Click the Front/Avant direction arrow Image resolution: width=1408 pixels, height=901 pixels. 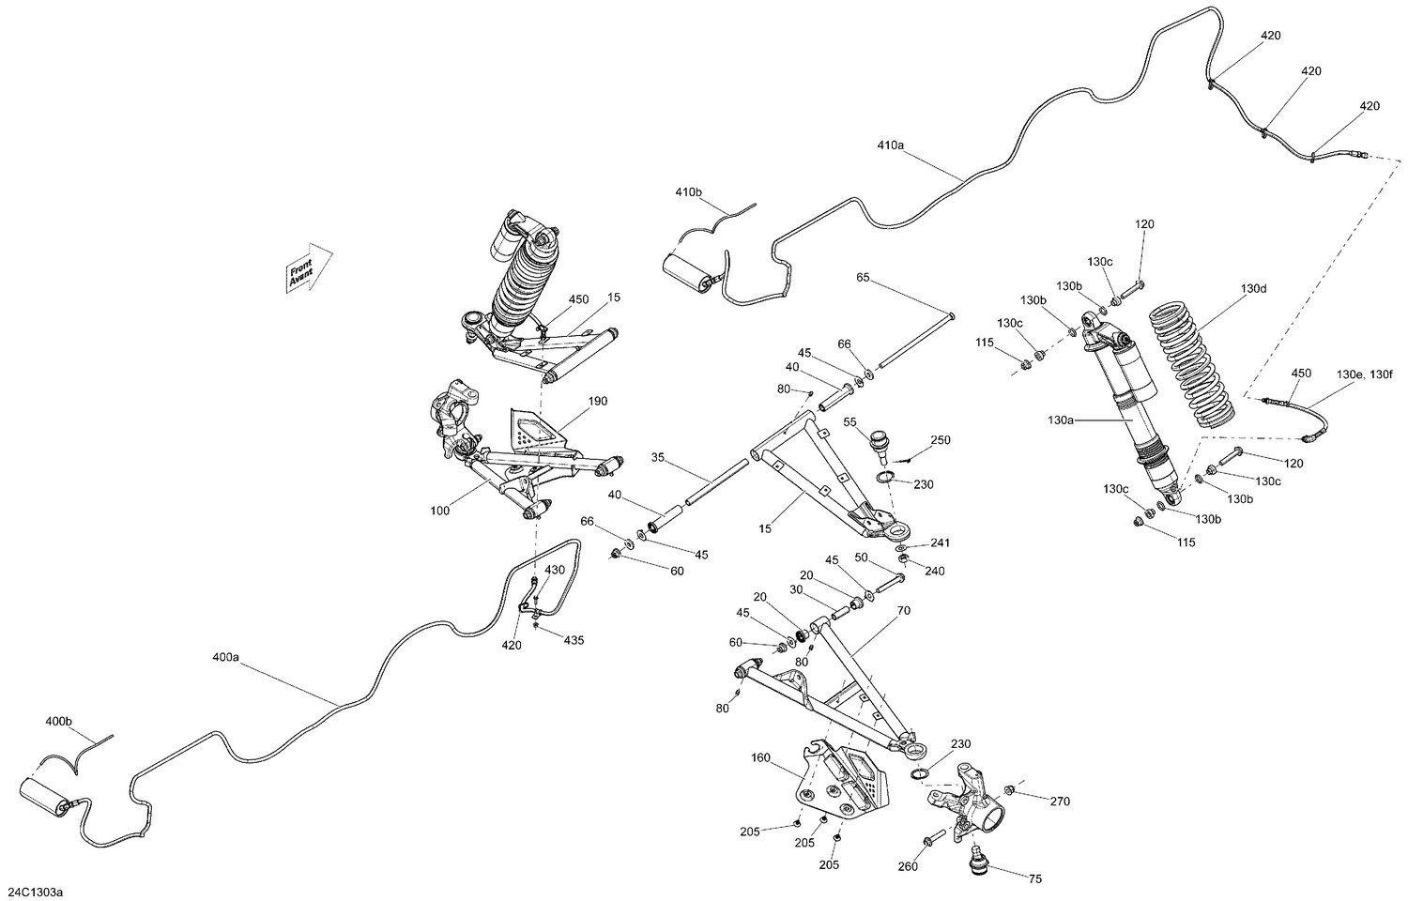[309, 268]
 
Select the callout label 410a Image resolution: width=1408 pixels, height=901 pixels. [891, 145]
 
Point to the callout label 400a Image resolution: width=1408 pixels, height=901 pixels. [225, 658]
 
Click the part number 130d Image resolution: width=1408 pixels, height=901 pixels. [1253, 289]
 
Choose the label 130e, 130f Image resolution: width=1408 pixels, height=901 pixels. [1364, 375]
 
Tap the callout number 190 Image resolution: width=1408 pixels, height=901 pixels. [598, 401]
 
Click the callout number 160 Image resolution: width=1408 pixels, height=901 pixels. [760, 757]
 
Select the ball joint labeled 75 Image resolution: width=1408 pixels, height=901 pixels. [978, 859]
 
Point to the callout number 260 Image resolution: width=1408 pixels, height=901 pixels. [908, 867]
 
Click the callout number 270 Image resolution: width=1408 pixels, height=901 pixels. [1060, 802]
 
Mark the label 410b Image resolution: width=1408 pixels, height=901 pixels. [688, 192]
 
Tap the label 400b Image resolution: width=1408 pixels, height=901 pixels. [58, 722]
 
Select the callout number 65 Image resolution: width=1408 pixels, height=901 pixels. [863, 277]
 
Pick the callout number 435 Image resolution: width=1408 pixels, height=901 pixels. [574, 640]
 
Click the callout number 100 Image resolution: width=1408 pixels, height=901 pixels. [440, 511]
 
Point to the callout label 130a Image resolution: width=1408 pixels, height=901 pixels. [1061, 420]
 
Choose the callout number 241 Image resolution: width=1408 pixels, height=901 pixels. [941, 542]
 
